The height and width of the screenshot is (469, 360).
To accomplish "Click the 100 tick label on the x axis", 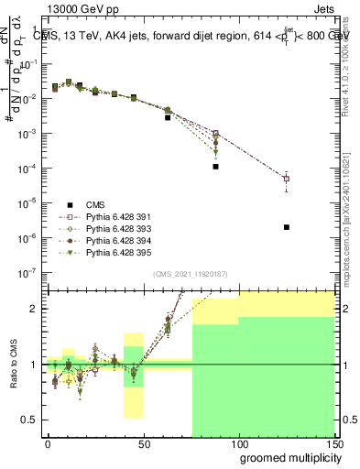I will pos(239,443).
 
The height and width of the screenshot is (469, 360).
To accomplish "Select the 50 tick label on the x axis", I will pos(143,443).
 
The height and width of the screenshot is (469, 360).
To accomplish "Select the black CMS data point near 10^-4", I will pos(215,167).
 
